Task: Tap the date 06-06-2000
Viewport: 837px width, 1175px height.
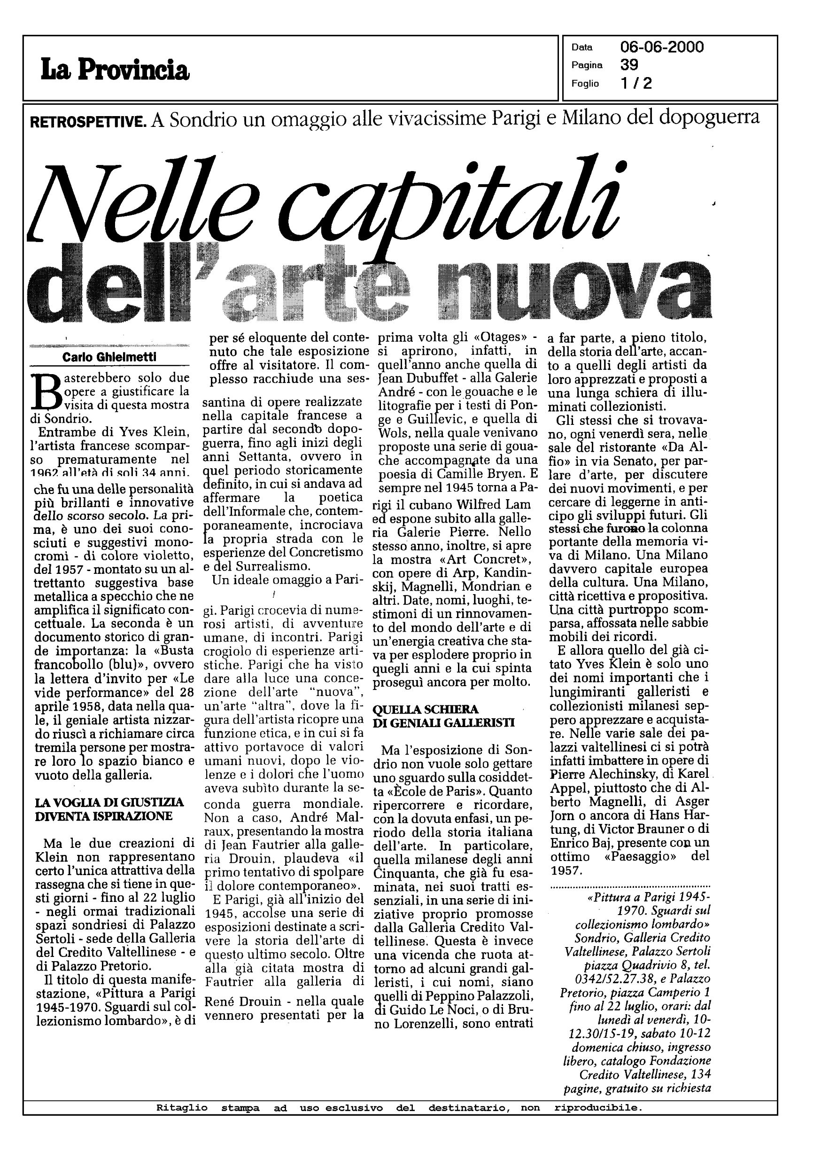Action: pos(662,47)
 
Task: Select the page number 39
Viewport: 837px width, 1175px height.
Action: pos(629,65)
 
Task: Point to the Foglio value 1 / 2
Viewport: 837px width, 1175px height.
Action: pos(636,83)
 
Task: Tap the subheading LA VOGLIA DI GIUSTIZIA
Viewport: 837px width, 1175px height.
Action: pos(109,803)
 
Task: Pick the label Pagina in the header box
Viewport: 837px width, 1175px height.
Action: pos(587,65)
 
